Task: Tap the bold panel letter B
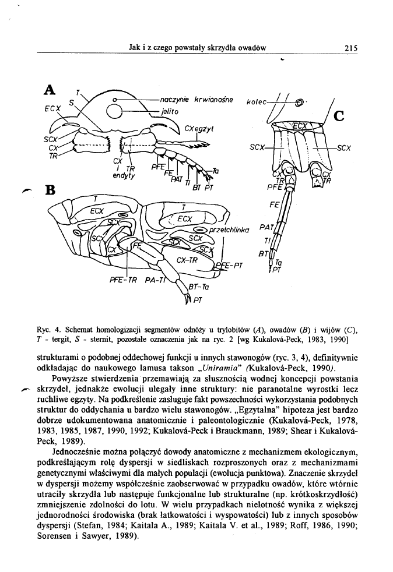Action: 50,190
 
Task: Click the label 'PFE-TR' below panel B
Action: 124,280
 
